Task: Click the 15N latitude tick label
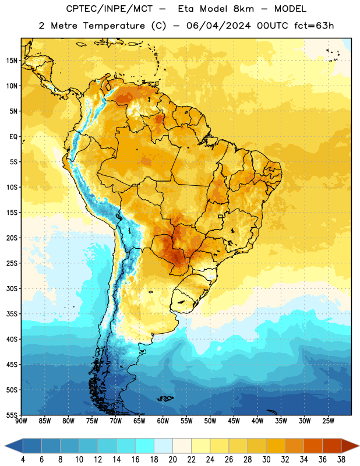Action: point(12,61)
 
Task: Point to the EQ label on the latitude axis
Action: point(13,137)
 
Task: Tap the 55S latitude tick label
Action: point(12,415)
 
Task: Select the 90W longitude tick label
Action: point(21,421)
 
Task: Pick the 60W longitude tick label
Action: point(163,421)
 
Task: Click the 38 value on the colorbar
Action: point(341,460)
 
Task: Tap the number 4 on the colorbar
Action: point(23,460)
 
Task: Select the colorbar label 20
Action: point(172,460)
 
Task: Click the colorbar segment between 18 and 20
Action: point(163,446)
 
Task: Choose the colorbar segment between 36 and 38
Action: point(332,446)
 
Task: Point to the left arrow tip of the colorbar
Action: point(5,446)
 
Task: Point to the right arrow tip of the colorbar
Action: point(359,446)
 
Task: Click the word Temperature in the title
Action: point(114,26)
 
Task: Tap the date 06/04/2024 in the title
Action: point(218,26)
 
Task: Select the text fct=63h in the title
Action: point(314,26)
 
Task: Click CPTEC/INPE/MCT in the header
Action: point(109,9)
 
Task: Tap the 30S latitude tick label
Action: point(12,288)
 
